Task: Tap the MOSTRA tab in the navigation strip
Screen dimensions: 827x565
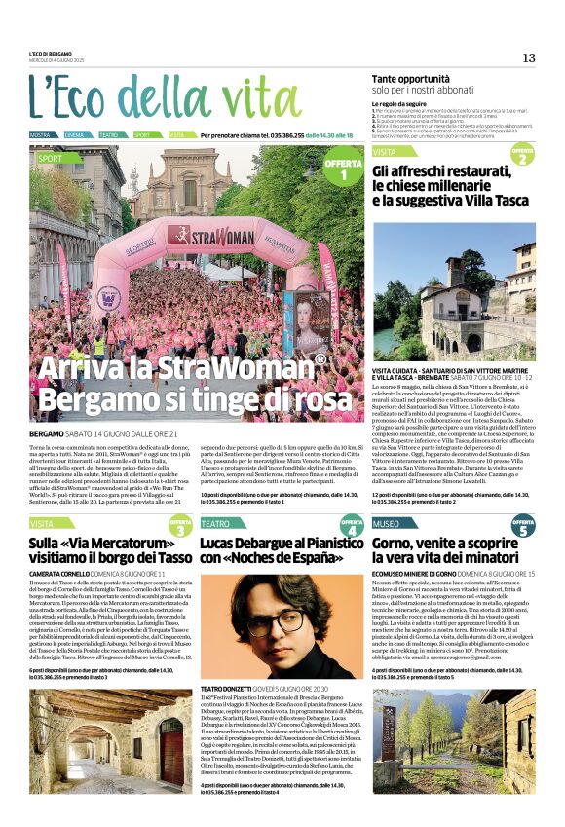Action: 40,134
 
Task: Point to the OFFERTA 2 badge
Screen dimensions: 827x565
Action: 523,155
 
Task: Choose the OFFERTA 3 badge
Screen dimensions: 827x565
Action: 180,526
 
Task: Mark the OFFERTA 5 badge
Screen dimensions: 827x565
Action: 523,526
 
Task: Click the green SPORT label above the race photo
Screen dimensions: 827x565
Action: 50,157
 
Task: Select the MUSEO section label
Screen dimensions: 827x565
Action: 387,523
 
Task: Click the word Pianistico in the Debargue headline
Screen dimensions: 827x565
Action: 320,543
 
